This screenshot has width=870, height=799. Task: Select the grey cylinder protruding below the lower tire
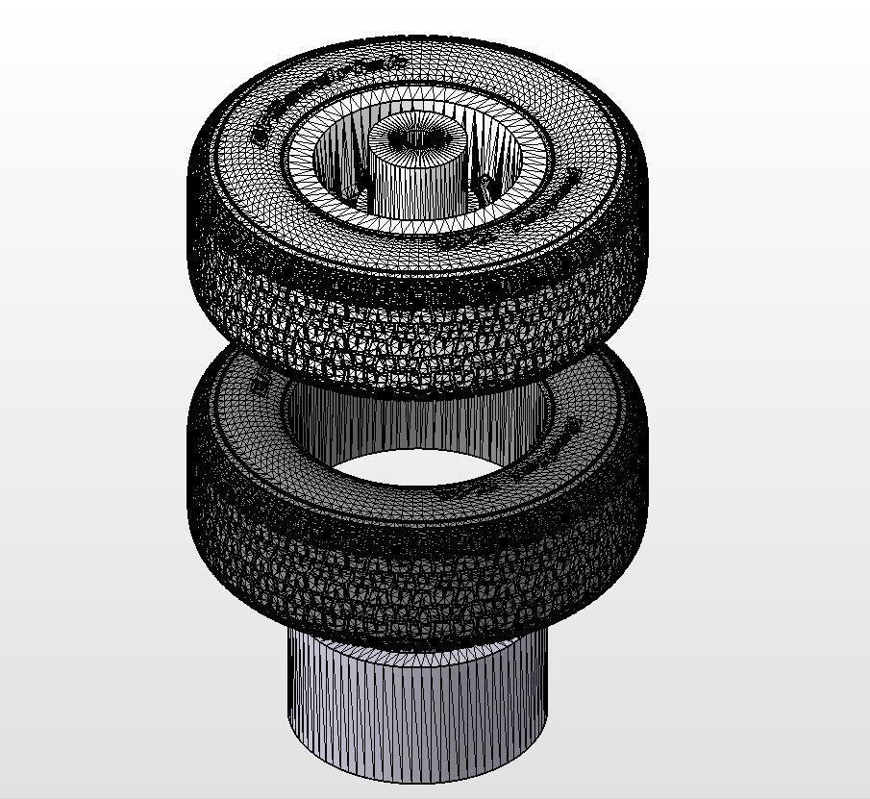point(417,712)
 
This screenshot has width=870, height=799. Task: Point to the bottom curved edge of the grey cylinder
point(417,775)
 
